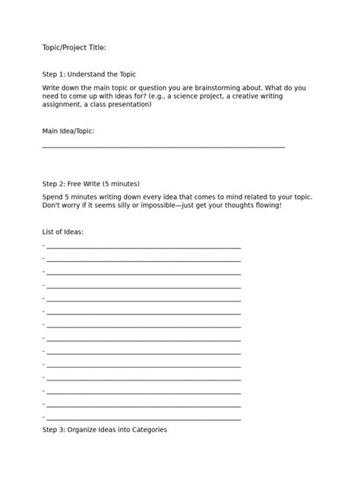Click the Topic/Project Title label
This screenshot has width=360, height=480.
(74, 48)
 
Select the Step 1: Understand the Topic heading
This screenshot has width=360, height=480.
(89, 75)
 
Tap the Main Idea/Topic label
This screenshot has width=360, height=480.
(68, 131)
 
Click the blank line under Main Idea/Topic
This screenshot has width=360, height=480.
(163, 146)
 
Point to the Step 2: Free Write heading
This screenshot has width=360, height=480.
(91, 183)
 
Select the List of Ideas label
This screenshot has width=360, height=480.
(62, 231)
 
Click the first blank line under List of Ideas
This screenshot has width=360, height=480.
(143, 247)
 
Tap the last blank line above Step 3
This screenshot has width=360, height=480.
(143, 418)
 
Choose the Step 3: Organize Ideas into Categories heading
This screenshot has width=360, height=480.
(104, 429)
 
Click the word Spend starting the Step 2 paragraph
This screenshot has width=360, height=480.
(52, 197)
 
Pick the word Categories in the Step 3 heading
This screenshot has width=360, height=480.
(148, 429)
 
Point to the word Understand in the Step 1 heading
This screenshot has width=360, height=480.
(93, 75)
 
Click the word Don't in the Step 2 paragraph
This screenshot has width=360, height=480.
(52, 205)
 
